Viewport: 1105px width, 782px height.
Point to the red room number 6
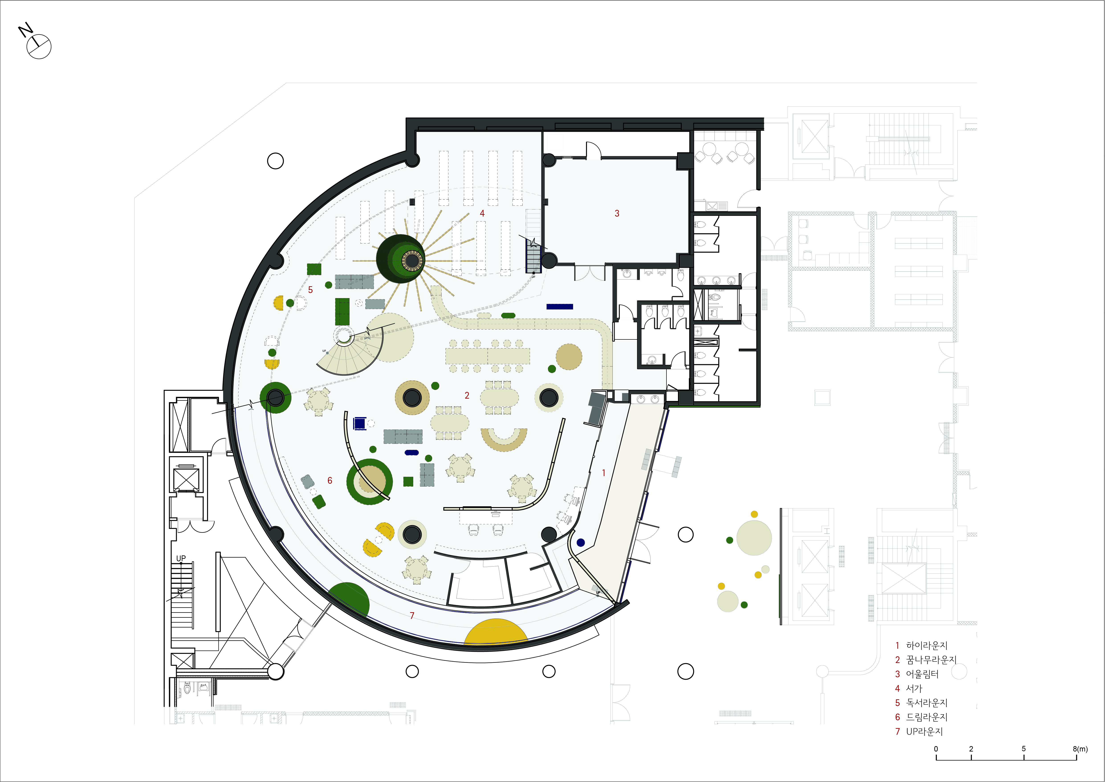[330, 480]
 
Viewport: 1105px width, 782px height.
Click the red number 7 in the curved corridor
[412, 615]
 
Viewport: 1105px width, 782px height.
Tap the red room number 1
[604, 473]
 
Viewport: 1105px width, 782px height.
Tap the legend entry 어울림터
[922, 674]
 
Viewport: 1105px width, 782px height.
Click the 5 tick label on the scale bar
[1024, 749]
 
